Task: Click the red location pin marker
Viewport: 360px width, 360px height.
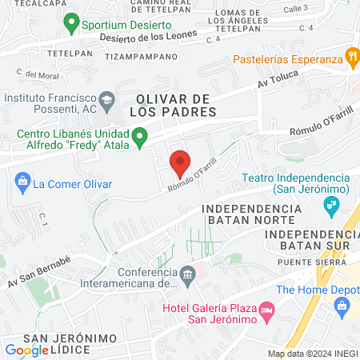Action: point(180,162)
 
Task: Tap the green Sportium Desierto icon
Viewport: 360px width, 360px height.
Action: point(73,23)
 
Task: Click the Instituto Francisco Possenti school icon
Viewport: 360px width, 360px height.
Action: point(112,99)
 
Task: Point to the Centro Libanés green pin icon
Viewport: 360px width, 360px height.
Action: point(140,139)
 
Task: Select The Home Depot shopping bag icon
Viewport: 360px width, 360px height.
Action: point(342,305)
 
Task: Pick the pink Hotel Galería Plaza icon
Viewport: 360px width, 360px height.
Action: point(267,309)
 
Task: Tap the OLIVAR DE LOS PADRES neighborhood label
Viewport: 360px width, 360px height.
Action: point(176,105)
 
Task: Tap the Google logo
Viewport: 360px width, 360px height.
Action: point(26,350)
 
